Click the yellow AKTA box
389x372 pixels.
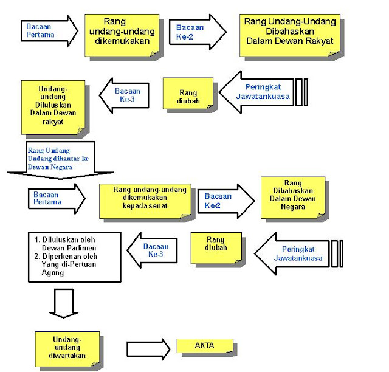(x=205, y=345)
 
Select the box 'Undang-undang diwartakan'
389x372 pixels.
(x=67, y=349)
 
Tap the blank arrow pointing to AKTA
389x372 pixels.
(x=148, y=349)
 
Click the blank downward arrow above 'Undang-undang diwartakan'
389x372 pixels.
(x=64, y=303)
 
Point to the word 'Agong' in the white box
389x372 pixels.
(x=53, y=273)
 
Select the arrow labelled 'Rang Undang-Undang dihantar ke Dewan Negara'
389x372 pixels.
(x=60, y=160)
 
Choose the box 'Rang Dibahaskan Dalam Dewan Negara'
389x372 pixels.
(x=293, y=198)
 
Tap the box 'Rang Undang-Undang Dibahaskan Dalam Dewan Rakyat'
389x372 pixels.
(x=290, y=35)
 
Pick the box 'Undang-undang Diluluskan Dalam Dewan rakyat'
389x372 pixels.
(x=53, y=108)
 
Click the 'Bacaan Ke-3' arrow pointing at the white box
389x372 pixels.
(x=152, y=250)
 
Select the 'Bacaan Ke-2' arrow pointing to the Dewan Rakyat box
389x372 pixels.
(x=198, y=32)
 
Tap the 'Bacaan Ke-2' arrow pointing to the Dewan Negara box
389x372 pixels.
(x=226, y=201)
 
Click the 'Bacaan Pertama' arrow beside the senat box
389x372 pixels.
(x=57, y=199)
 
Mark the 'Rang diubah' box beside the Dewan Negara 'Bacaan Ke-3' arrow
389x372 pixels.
(x=216, y=248)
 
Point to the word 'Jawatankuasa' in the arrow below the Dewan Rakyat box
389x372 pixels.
(x=263, y=96)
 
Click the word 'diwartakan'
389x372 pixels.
(x=67, y=356)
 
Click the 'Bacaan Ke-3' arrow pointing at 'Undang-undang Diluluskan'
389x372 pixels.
(x=124, y=95)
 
